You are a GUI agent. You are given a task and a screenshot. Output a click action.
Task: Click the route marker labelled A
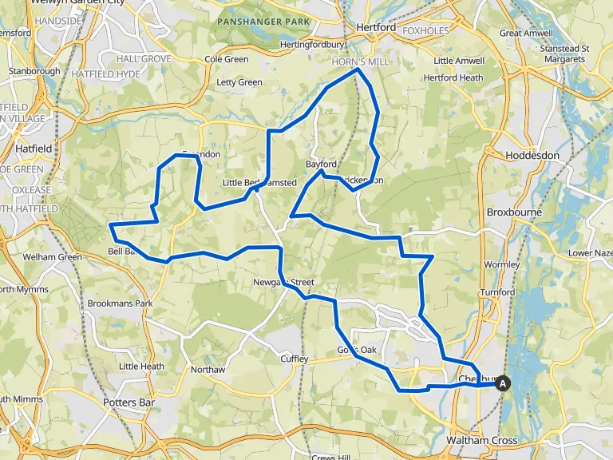503,383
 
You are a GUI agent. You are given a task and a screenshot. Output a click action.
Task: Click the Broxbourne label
514,212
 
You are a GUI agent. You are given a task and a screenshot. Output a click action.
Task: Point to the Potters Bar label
129,402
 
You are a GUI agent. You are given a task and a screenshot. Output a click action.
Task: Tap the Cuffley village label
294,359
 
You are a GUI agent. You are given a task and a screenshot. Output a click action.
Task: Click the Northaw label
208,370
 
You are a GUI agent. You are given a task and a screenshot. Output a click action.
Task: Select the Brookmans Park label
120,303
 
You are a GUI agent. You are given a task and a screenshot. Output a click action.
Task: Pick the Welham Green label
52,257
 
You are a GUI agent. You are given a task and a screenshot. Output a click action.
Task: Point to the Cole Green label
227,59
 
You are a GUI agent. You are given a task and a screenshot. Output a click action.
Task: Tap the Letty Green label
239,82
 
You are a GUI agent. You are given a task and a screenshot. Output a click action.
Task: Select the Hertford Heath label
453,77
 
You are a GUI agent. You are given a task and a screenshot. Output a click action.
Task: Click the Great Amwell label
521,34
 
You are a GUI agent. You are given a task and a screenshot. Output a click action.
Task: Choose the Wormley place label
501,264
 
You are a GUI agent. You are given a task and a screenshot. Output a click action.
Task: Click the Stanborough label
34,71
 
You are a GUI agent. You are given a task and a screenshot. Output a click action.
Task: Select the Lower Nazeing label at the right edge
590,253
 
